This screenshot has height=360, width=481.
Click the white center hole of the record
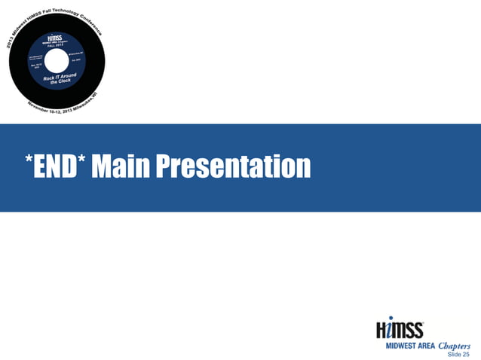57,61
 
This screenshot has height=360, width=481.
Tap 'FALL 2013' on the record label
56,44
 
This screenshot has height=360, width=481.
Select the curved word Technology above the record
71,9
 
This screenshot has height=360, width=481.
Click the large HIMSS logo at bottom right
400,328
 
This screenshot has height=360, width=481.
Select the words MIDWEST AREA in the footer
410,346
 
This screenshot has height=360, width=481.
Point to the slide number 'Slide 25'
458,354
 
